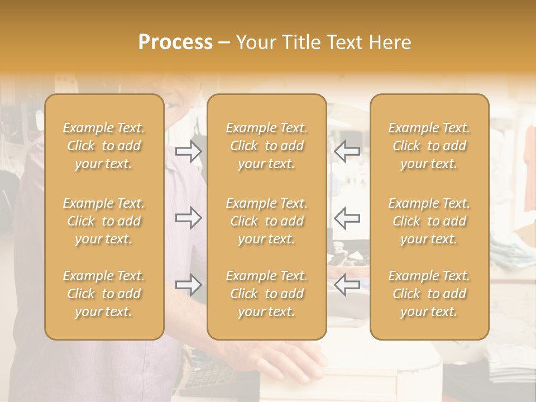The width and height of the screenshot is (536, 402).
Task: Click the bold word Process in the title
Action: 175,42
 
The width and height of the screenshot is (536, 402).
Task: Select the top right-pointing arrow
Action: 189,151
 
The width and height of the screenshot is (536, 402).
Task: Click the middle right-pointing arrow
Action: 189,218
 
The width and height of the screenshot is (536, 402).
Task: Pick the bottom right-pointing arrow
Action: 189,285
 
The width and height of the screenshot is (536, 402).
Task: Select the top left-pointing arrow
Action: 347,151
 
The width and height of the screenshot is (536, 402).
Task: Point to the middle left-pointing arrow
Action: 347,218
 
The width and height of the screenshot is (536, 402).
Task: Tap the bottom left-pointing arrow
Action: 347,285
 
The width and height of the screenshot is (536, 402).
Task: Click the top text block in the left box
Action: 104,146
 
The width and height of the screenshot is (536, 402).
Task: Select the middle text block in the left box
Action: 104,221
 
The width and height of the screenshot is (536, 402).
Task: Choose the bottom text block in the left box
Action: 104,294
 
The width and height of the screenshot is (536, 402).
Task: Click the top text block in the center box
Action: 266,146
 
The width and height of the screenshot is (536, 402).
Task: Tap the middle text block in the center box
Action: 266,221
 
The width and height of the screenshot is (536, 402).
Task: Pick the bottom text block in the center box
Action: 266,294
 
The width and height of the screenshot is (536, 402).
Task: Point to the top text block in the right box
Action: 429,146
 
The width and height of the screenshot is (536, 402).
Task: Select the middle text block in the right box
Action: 429,221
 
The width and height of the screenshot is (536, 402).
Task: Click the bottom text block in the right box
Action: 429,294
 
